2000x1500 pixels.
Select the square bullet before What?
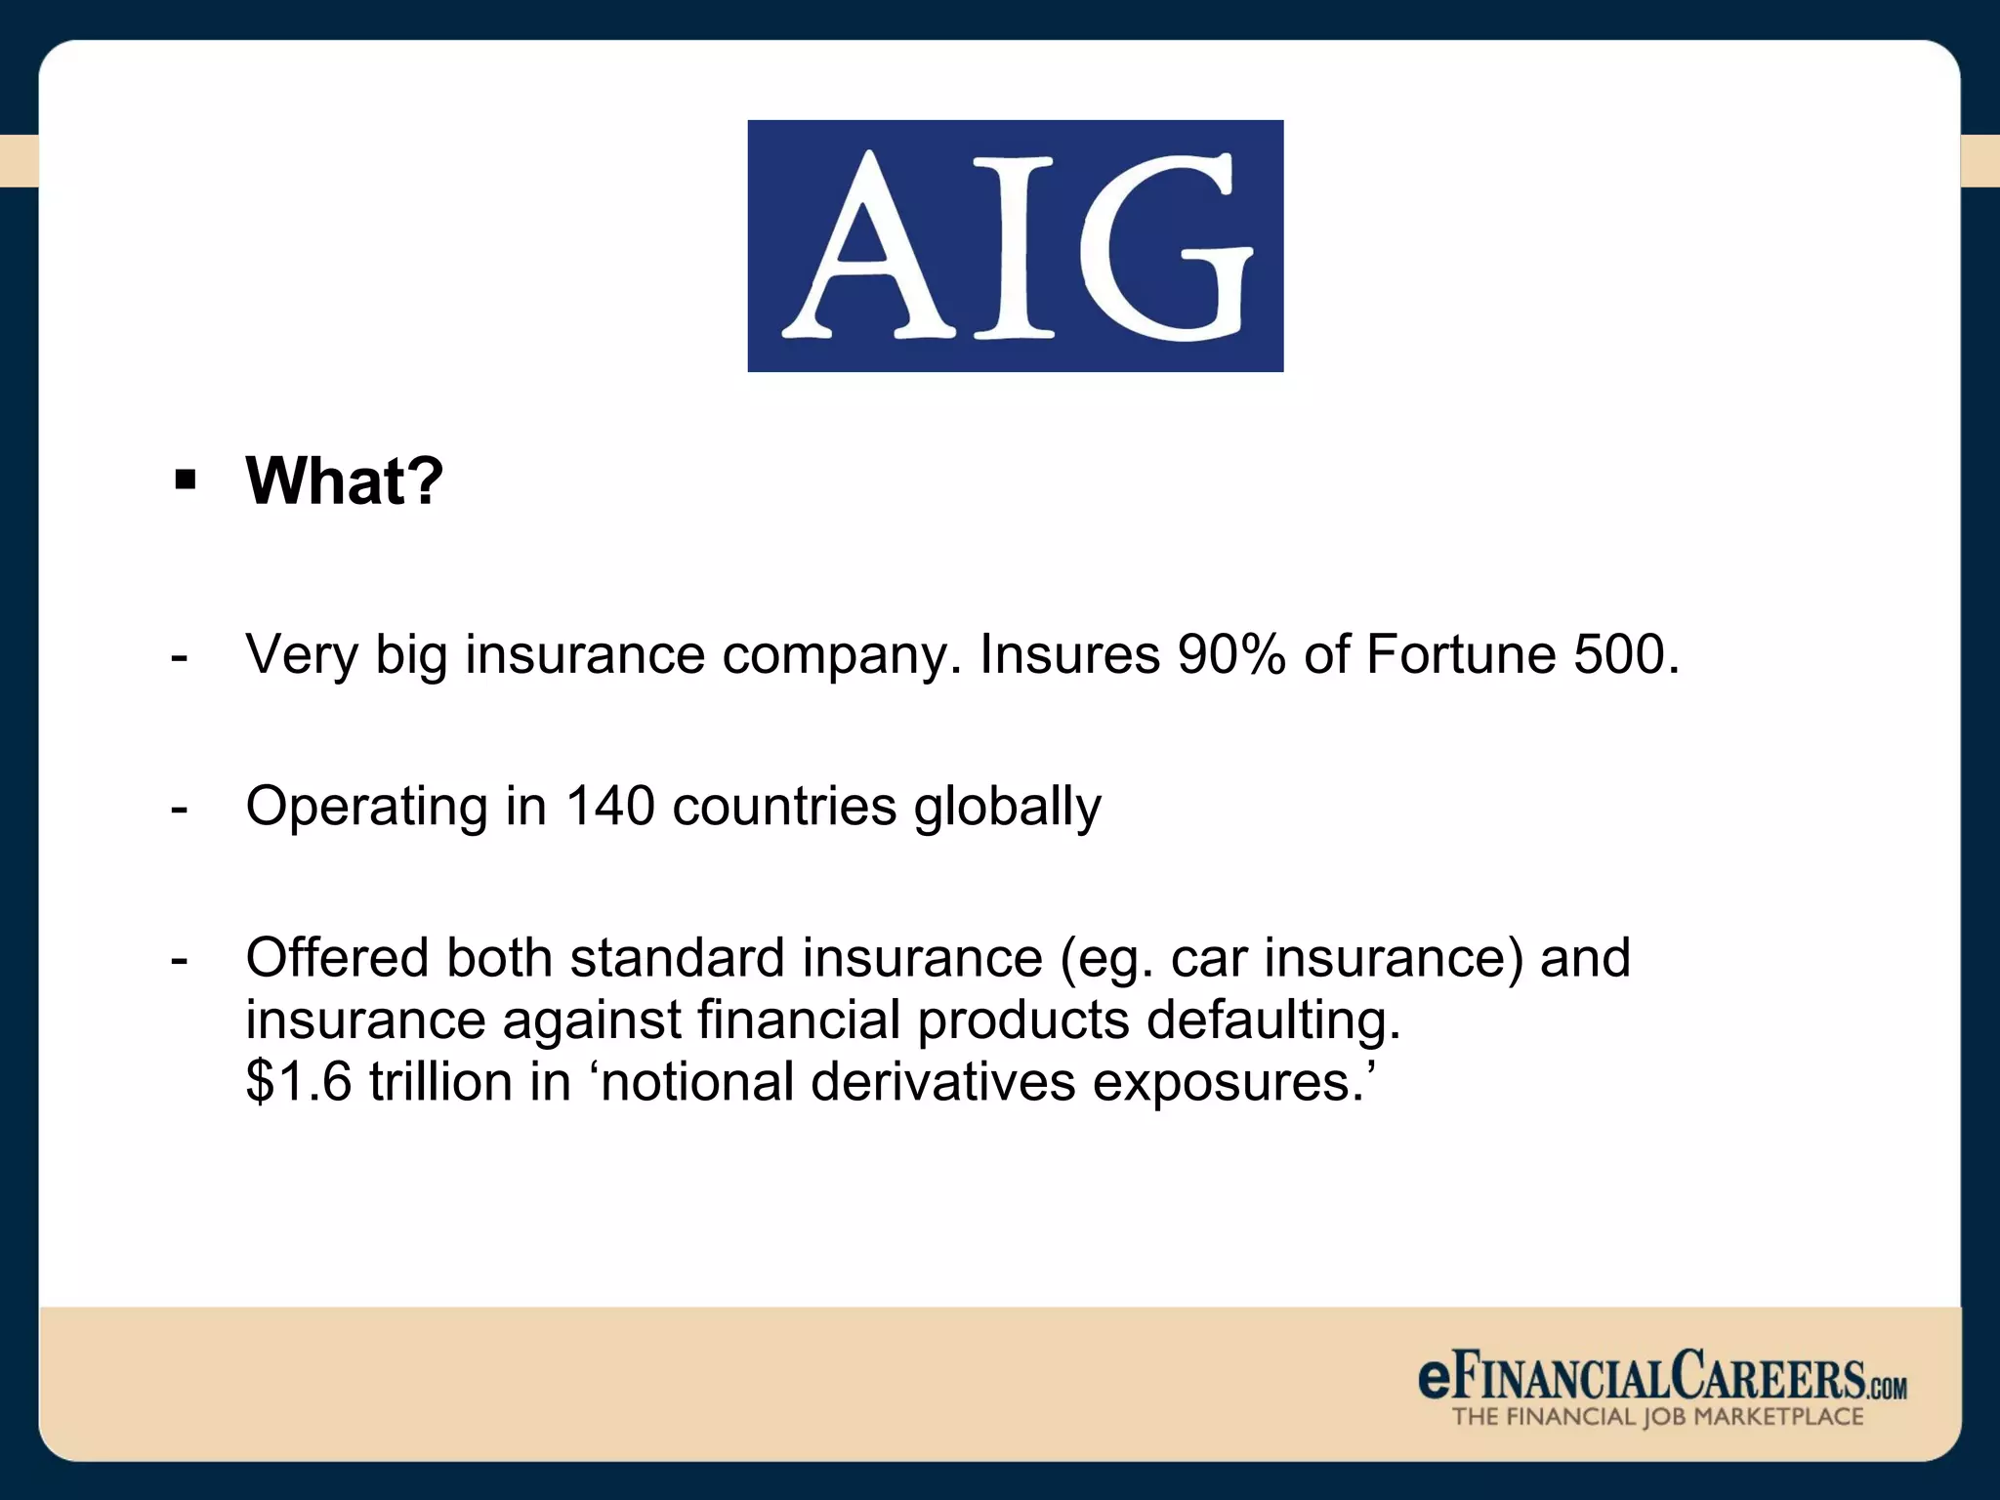[x=185, y=480]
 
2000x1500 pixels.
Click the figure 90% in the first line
[x=1231, y=654]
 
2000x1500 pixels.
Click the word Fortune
[x=1461, y=654]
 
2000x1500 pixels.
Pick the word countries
[x=784, y=807]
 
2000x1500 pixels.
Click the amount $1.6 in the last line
[x=298, y=1082]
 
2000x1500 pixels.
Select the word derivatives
[x=942, y=1082]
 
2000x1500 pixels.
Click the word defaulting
[x=1273, y=1021]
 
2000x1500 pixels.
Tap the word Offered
[x=337, y=957]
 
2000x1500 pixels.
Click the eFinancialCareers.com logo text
[x=1661, y=1377]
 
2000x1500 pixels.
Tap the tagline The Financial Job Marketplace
[x=1657, y=1417]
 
